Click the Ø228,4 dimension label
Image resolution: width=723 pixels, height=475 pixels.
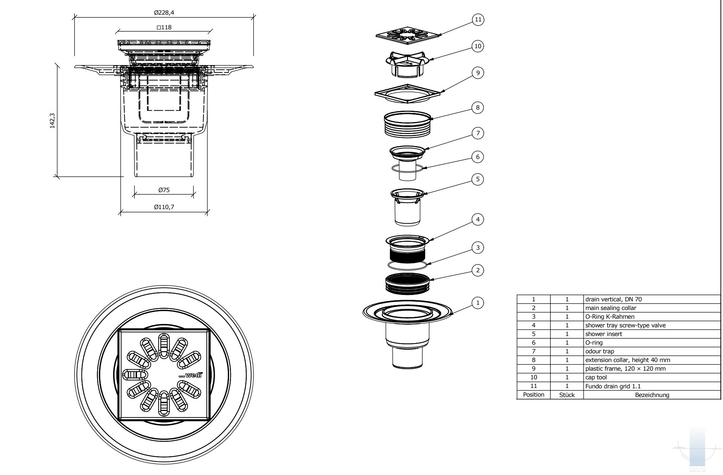[164, 13]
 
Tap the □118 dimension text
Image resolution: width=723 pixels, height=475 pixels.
[164, 27]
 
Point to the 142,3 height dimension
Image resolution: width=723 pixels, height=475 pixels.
[52, 121]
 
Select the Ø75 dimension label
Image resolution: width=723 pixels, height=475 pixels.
[164, 190]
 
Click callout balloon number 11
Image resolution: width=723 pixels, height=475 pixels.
[478, 20]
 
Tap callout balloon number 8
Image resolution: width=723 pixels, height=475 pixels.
[478, 108]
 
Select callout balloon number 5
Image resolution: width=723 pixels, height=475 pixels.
[478, 179]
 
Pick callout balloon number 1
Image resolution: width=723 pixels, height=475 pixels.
[478, 303]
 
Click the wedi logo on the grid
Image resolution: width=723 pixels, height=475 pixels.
[190, 375]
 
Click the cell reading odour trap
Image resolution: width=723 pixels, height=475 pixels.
[600, 351]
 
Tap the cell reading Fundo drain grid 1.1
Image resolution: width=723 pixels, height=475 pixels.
[613, 386]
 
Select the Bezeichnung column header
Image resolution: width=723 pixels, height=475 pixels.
[652, 395]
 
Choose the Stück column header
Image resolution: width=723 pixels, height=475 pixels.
[567, 395]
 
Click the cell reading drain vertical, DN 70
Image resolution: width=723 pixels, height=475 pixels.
[613, 299]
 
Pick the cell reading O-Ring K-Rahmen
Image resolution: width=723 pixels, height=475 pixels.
[610, 317]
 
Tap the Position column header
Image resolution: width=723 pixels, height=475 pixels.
[533, 395]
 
